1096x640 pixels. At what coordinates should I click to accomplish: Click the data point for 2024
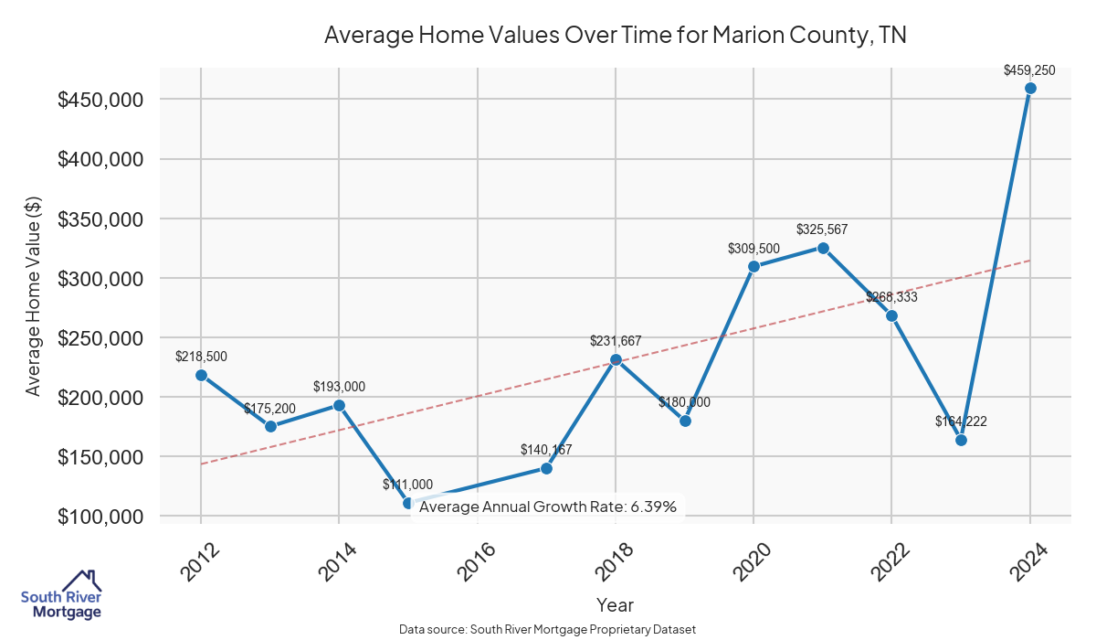pyautogui.click(x=1030, y=88)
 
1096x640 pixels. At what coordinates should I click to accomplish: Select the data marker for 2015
pyautogui.click(x=408, y=503)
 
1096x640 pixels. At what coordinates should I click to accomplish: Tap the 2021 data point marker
pyautogui.click(x=823, y=248)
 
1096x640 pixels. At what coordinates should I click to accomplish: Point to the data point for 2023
pyautogui.click(x=961, y=440)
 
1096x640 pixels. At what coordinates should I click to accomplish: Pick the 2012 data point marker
pyautogui.click(x=201, y=375)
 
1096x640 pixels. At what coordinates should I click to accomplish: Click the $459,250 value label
pyautogui.click(x=1029, y=69)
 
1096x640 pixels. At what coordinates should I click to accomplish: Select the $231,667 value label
pyautogui.click(x=616, y=341)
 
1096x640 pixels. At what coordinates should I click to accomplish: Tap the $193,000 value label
pyautogui.click(x=339, y=387)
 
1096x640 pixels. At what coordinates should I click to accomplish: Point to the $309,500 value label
pyautogui.click(x=753, y=248)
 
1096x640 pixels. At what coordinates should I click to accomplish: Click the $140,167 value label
pyautogui.click(x=546, y=449)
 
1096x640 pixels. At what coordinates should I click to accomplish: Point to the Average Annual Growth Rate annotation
pyautogui.click(x=548, y=507)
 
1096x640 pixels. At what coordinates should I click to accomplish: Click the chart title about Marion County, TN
pyautogui.click(x=615, y=36)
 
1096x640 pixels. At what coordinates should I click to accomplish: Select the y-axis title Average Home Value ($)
pyautogui.click(x=34, y=295)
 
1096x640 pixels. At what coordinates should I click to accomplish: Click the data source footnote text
pyautogui.click(x=548, y=629)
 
